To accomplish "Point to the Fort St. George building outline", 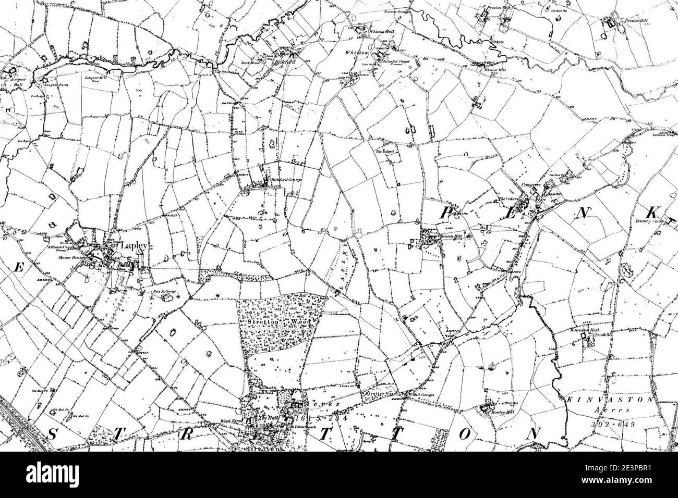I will click(x=167, y=298).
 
